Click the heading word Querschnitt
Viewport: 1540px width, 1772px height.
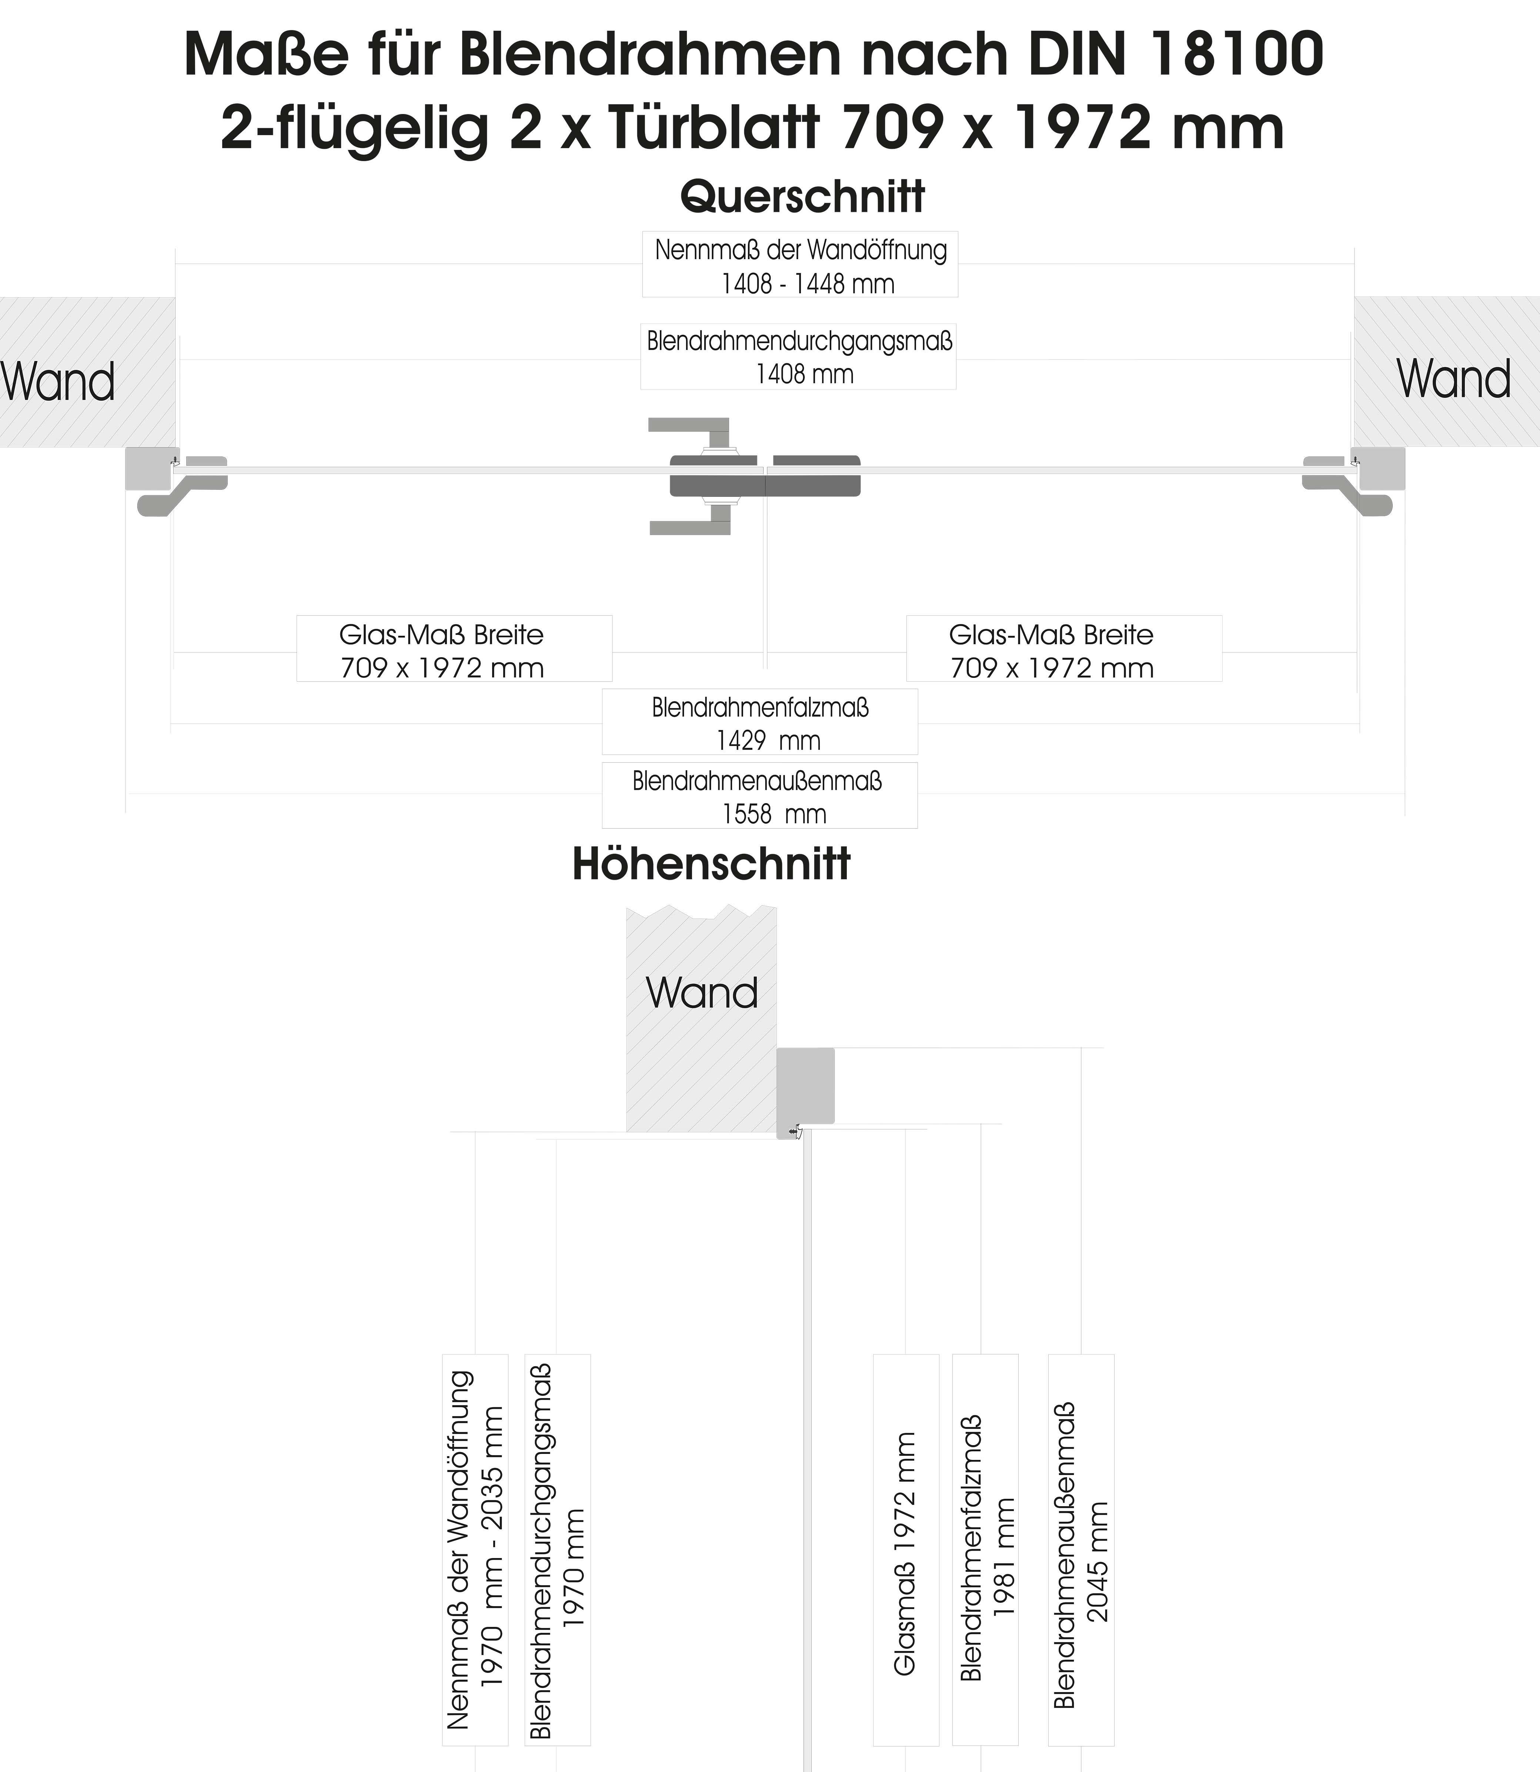[802, 197]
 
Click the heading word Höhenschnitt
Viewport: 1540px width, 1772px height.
[711, 865]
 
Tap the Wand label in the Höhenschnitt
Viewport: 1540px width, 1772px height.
[701, 993]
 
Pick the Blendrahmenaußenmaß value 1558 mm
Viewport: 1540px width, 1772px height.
[774, 814]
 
